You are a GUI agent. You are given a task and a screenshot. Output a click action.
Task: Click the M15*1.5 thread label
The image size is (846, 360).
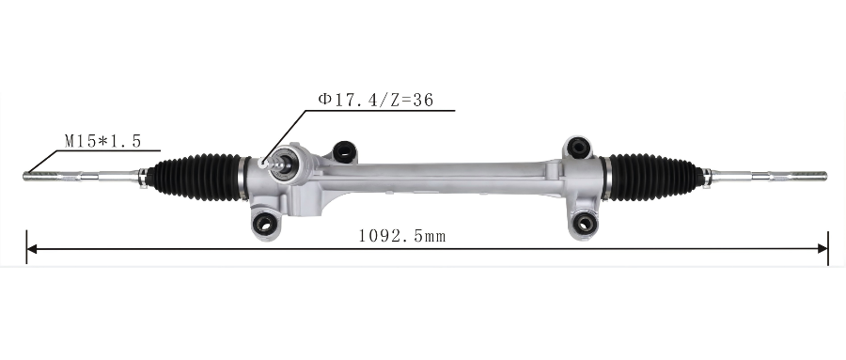(x=103, y=141)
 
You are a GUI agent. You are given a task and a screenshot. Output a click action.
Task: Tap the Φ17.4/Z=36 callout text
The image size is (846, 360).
(x=376, y=100)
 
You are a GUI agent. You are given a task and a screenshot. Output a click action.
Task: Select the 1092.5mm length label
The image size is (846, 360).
(x=402, y=236)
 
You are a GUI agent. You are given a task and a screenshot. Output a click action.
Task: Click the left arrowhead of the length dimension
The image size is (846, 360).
(x=32, y=249)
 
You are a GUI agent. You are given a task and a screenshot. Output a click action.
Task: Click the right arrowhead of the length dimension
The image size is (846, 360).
(x=822, y=249)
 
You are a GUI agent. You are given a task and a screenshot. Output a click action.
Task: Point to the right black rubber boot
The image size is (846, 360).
(x=654, y=177)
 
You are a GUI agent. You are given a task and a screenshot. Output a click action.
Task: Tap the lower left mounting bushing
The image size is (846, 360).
(x=264, y=223)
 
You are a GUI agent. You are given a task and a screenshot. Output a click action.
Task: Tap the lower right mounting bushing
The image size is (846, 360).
(x=584, y=223)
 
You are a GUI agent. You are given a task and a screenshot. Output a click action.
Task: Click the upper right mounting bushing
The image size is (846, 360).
(x=578, y=148)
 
